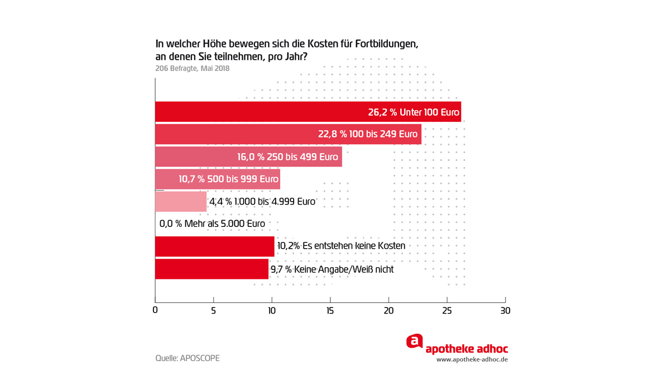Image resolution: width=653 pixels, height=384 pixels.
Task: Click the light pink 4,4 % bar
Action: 180,201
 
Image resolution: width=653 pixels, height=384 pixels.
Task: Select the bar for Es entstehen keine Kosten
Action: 214,246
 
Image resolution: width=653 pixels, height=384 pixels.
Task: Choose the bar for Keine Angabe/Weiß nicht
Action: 212,269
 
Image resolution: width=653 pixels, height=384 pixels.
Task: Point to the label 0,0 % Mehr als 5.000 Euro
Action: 212,224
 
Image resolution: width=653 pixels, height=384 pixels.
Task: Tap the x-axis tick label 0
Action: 155,310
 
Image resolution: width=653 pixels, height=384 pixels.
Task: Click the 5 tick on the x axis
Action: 214,310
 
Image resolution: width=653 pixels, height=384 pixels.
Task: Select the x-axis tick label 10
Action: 272,310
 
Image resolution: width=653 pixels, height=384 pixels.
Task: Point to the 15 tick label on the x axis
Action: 330,310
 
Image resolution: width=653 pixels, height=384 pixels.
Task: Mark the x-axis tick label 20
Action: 388,310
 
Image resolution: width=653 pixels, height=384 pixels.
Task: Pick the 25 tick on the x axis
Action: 447,310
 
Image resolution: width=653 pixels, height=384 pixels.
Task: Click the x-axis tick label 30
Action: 505,310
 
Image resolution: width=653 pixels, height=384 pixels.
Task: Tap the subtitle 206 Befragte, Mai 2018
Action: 192,69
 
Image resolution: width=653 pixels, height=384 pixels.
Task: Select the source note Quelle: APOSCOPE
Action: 188,358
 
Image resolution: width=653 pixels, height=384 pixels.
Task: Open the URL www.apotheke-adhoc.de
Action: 472,359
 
